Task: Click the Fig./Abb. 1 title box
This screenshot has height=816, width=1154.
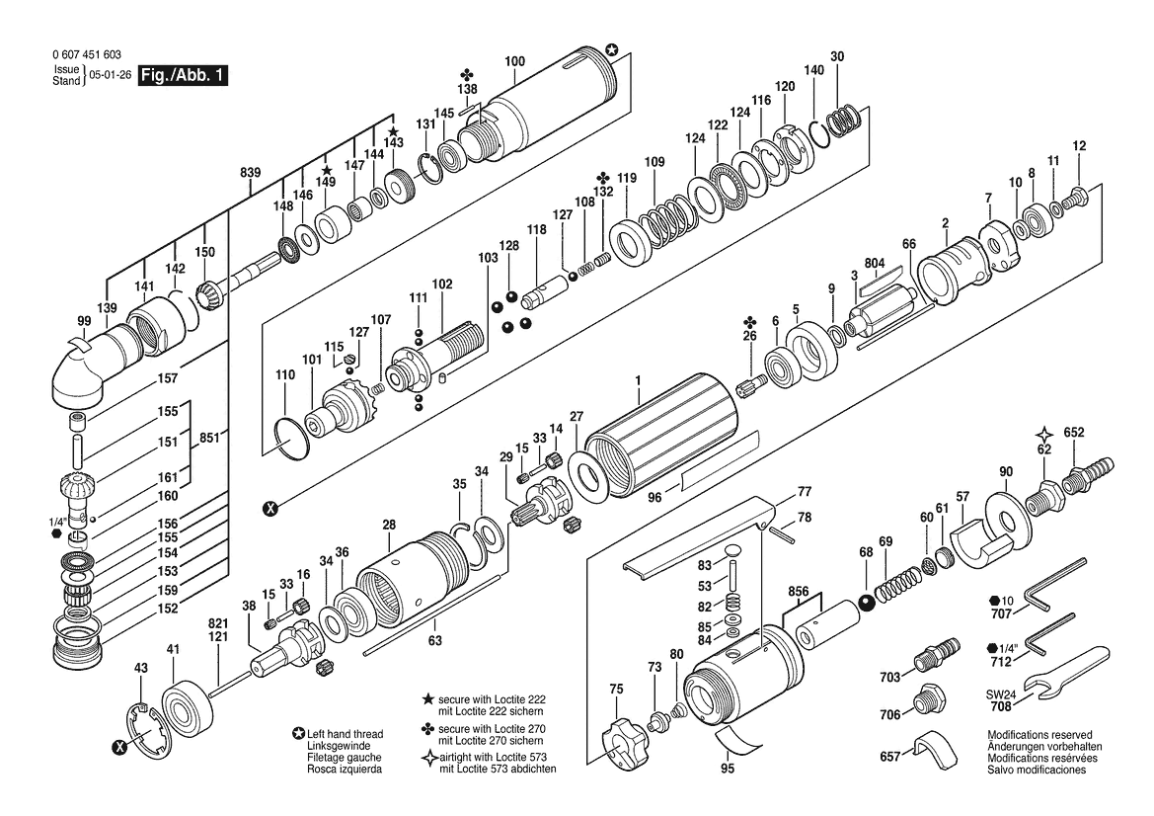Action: coord(184,76)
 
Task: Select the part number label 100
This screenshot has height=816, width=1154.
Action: coord(515,61)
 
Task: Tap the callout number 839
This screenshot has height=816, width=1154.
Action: coord(250,173)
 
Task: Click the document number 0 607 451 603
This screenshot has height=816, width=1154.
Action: coord(87,54)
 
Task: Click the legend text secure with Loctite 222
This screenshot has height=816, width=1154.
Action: coord(492,699)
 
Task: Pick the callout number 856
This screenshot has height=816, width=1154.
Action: coord(798,592)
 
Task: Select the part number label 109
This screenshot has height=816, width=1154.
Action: coord(654,162)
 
